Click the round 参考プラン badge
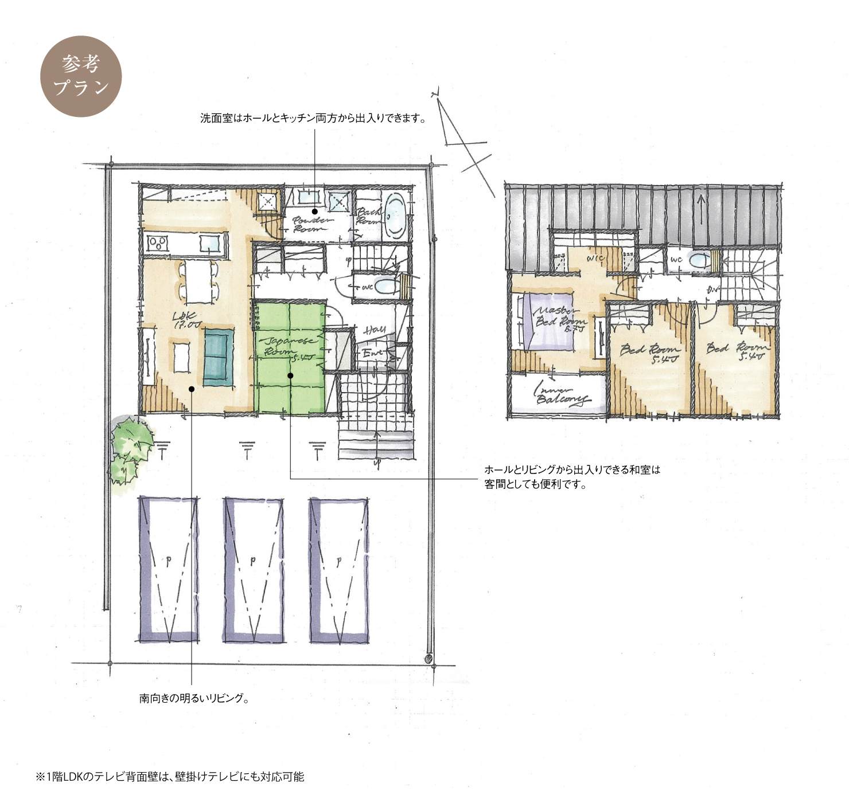81,76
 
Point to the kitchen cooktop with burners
157,244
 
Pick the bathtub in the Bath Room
395,215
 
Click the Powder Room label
311,224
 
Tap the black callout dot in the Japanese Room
290,376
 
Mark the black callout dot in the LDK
192,389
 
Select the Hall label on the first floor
374,330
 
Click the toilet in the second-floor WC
699,260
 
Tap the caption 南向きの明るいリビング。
194,698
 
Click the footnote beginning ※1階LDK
170,777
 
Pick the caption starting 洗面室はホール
313,119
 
